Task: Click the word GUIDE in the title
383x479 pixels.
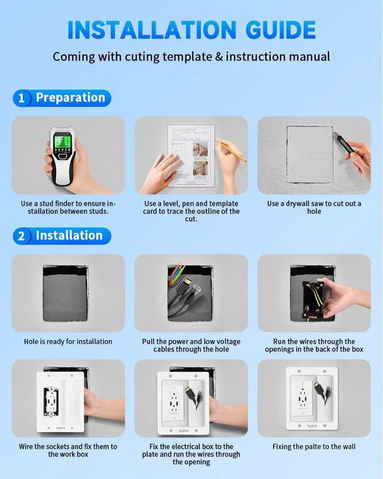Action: [x=281, y=30]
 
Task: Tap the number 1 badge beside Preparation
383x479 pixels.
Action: [x=22, y=98]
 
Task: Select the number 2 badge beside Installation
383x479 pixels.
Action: [x=22, y=236]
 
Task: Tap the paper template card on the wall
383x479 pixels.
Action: [x=191, y=156]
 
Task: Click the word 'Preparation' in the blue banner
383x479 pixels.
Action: [x=71, y=98]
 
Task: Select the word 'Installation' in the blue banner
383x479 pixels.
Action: [x=69, y=235]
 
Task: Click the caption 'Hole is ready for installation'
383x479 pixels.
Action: [x=68, y=341]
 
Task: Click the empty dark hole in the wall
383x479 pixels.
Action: [x=65, y=293]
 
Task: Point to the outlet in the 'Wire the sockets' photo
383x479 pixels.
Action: [x=51, y=402]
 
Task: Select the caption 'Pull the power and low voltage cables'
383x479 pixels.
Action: [x=191, y=345]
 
